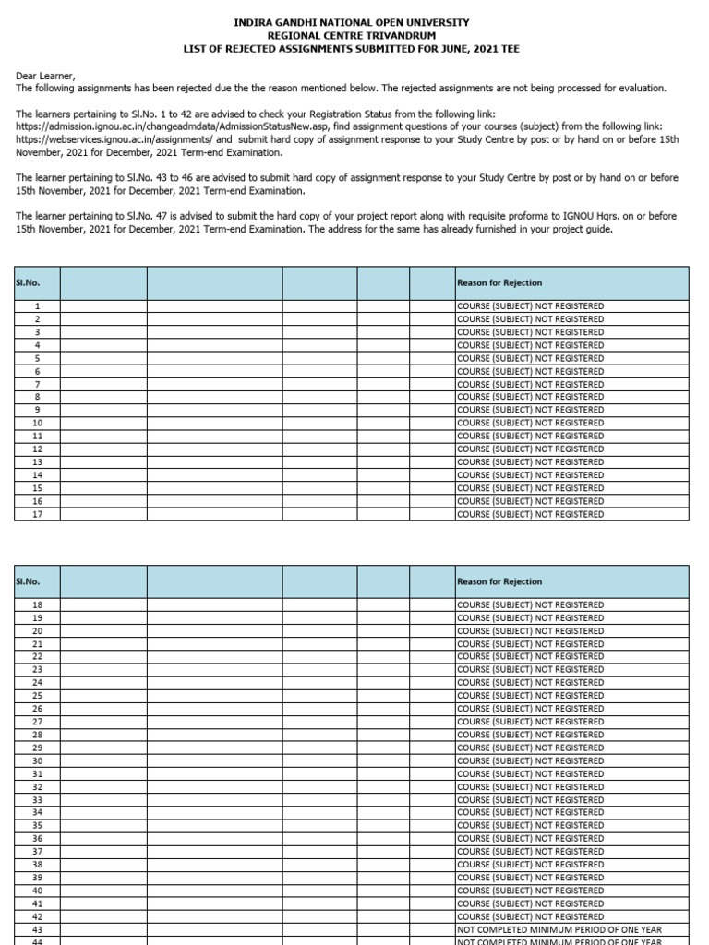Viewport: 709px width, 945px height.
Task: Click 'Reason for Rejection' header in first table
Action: pyautogui.click(x=499, y=282)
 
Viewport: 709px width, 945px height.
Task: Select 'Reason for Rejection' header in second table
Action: pyautogui.click(x=499, y=581)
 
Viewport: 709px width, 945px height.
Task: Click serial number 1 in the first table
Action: pyautogui.click(x=38, y=305)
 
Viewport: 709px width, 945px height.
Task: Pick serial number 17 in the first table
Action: pyautogui.click(x=38, y=514)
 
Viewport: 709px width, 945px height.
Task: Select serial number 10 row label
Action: pyautogui.click(x=38, y=423)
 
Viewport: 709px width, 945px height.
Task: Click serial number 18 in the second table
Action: pyautogui.click(x=38, y=604)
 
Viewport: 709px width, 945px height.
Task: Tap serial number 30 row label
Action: pyautogui.click(x=38, y=760)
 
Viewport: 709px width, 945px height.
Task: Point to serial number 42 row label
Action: pyautogui.click(x=38, y=916)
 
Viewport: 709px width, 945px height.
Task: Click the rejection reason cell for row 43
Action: pyautogui.click(x=559, y=929)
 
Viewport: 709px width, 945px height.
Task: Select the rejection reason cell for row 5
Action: pyautogui.click(x=531, y=358)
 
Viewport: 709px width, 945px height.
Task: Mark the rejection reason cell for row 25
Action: pyautogui.click(x=531, y=695)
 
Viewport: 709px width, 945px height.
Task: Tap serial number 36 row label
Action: pyautogui.click(x=38, y=838)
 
